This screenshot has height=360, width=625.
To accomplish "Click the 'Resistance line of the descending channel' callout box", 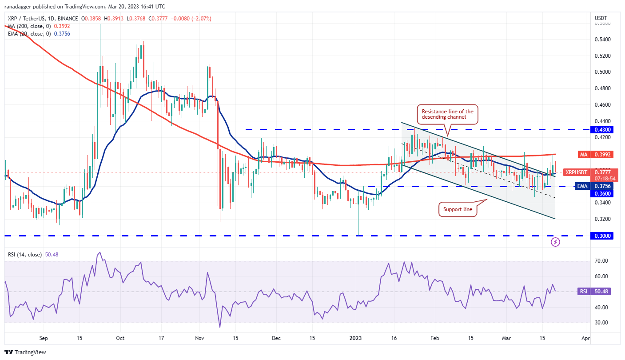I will [447, 115].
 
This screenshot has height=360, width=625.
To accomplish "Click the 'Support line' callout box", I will [458, 209].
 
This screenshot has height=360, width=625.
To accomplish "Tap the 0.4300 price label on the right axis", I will [602, 129].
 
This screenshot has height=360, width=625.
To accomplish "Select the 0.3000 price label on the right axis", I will [602, 236].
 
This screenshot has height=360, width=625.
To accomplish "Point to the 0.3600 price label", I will [602, 193].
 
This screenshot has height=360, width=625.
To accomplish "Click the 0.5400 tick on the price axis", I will [602, 39].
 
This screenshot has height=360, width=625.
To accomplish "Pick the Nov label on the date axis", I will [199, 338].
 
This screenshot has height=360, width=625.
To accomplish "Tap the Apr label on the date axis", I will [585, 338].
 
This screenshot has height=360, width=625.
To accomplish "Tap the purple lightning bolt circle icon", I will [555, 242].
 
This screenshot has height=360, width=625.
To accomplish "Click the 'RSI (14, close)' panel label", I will [25, 255].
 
